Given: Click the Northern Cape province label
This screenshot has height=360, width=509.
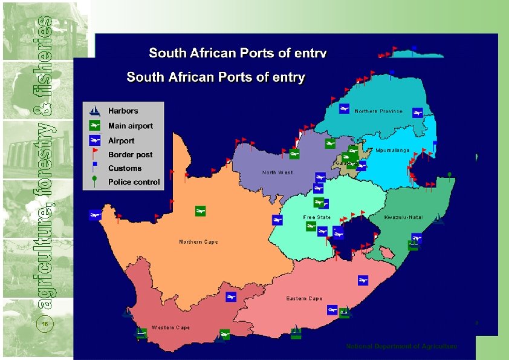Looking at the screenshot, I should [198, 242].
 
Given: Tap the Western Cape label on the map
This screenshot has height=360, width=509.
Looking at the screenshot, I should [170, 328].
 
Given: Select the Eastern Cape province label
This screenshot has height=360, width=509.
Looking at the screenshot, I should [304, 299].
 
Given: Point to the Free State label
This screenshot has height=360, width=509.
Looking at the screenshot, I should [317, 217].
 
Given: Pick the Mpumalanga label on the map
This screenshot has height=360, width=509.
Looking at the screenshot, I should [392, 150].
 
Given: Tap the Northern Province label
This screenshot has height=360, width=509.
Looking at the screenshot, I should [378, 111].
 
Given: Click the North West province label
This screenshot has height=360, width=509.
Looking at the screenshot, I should [277, 172].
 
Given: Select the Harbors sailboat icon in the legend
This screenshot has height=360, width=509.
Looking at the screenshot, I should [94, 111].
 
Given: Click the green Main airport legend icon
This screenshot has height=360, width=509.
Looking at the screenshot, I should [94, 126].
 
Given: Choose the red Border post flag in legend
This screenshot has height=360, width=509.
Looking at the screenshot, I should [94, 154].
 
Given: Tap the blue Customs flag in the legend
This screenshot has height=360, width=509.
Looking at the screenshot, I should [94, 168].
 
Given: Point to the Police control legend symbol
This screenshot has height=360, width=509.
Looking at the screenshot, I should [94, 182].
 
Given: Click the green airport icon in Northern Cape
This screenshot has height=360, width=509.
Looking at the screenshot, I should [200, 211].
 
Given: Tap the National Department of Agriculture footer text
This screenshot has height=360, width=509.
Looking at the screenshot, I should [401, 346].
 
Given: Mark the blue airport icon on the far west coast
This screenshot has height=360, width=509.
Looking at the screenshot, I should [94, 214].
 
